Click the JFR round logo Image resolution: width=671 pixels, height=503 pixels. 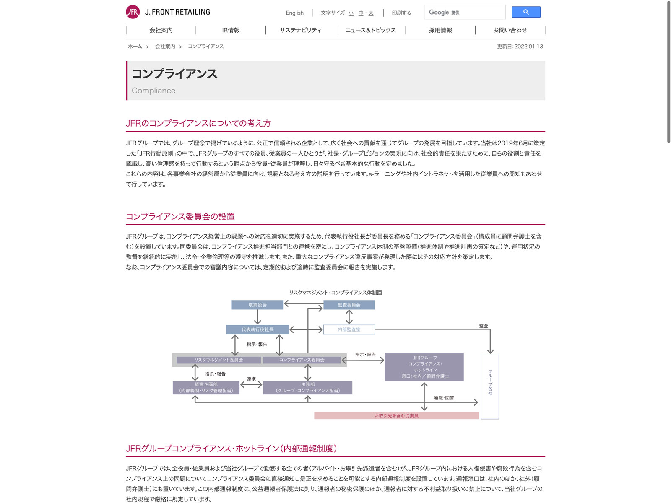click(133, 12)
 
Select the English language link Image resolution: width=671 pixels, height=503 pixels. click(294, 13)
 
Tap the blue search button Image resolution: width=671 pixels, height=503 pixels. click(526, 12)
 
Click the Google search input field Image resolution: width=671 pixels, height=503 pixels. click(465, 13)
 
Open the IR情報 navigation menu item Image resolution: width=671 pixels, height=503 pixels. click(231, 30)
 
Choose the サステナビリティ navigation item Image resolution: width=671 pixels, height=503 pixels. click(300, 30)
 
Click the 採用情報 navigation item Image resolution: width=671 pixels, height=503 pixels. click(440, 30)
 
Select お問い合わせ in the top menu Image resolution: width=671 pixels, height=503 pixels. click(510, 30)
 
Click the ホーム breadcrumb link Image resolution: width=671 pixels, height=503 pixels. click(135, 47)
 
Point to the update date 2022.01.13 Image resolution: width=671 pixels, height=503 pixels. click(520, 47)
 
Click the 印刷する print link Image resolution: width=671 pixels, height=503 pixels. click(401, 13)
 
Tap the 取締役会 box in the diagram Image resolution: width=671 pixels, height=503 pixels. click(257, 305)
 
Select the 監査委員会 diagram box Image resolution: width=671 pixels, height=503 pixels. click(349, 305)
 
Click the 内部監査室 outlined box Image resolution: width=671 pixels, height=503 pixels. click(349, 329)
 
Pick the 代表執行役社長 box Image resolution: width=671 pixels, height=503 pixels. click(257, 329)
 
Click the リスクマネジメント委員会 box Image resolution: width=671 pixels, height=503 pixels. click(218, 360)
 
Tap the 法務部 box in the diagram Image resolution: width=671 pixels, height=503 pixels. click(307, 388)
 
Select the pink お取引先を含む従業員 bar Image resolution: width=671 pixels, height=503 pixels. click(396, 416)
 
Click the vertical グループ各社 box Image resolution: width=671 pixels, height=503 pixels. click(490, 386)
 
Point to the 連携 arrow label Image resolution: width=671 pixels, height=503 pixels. click(251, 379)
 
